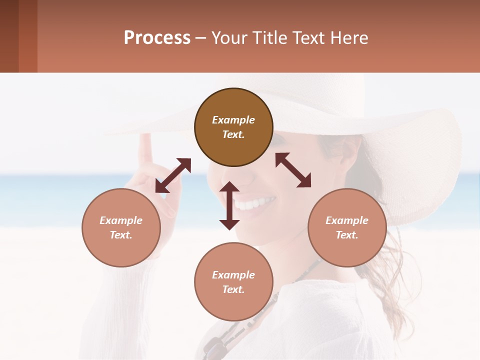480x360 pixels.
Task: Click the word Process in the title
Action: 157,38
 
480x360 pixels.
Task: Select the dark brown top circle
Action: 233,127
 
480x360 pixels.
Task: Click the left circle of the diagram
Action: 121,227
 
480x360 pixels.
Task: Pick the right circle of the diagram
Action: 347,227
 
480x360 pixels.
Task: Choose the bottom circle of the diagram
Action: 233,281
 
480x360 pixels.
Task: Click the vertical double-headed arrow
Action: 229,205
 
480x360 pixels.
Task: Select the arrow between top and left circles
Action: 173,175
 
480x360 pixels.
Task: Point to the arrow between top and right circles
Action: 293,170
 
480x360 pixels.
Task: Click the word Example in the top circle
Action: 233,120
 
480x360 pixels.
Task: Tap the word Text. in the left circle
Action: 121,235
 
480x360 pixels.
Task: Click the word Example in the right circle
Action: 347,220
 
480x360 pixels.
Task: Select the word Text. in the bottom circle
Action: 233,289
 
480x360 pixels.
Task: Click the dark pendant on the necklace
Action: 213,347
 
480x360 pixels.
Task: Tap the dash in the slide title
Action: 201,38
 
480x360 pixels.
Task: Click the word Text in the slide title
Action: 306,38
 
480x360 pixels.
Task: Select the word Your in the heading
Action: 228,38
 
